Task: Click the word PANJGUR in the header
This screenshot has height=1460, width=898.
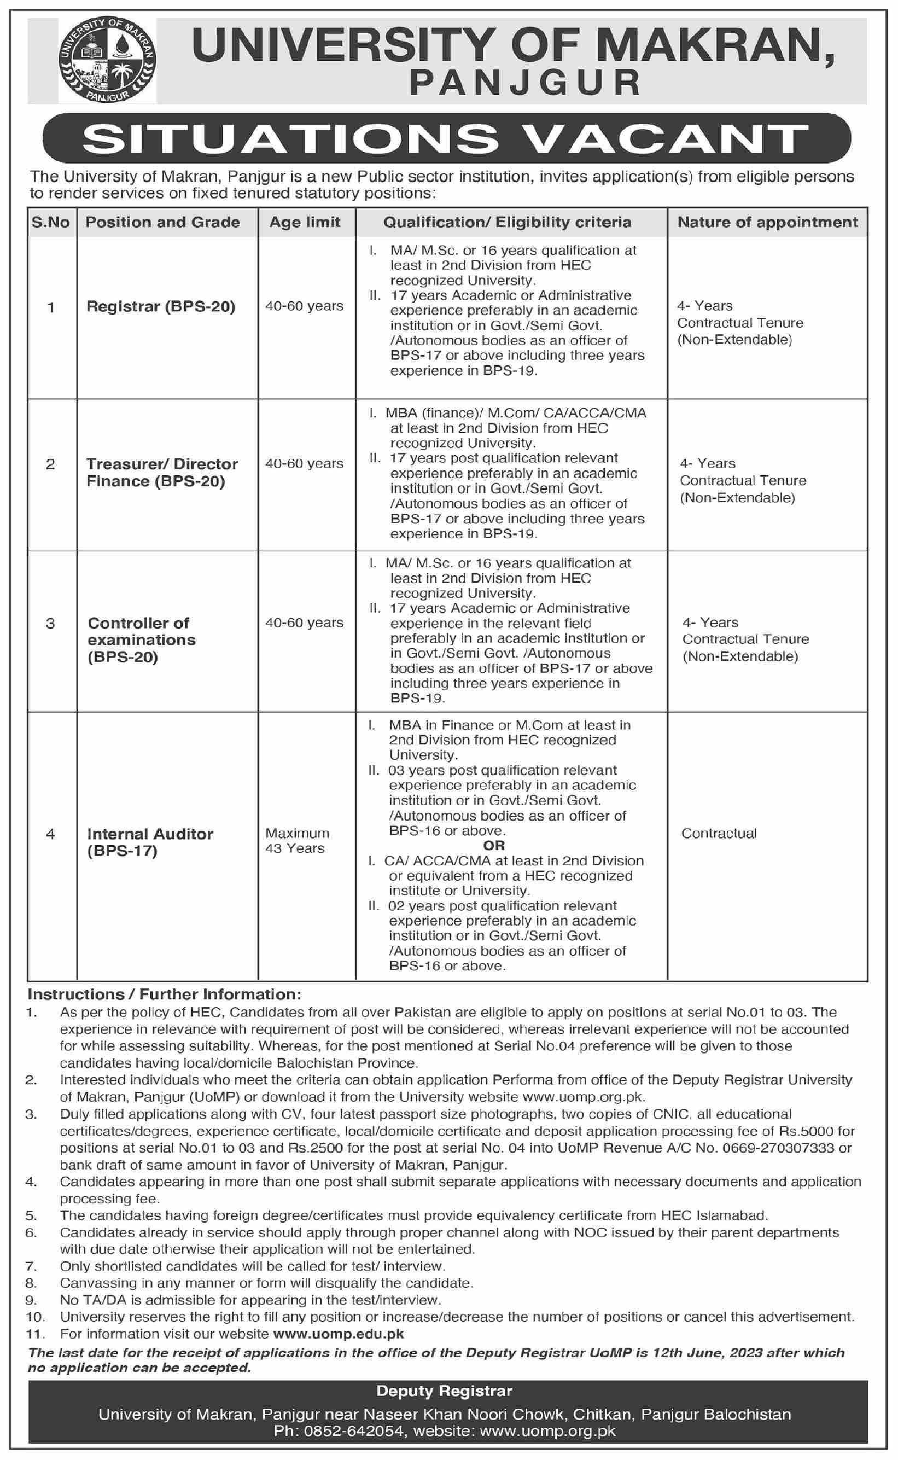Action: point(525,83)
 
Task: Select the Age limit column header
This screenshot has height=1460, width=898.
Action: point(305,222)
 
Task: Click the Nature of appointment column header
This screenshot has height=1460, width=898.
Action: point(767,222)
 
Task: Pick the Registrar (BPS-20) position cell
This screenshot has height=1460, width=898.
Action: point(161,306)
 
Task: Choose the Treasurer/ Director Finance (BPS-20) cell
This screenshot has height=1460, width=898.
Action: point(162,472)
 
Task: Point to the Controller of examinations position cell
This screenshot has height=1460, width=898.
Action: point(141,639)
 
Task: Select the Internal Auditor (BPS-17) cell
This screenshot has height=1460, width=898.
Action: point(150,842)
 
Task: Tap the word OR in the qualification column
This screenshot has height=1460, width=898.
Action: point(494,845)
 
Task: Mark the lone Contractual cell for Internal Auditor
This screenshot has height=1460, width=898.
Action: point(719,833)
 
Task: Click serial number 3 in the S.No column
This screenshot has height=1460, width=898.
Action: point(50,623)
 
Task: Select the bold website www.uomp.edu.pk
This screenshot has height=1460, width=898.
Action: point(338,1334)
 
